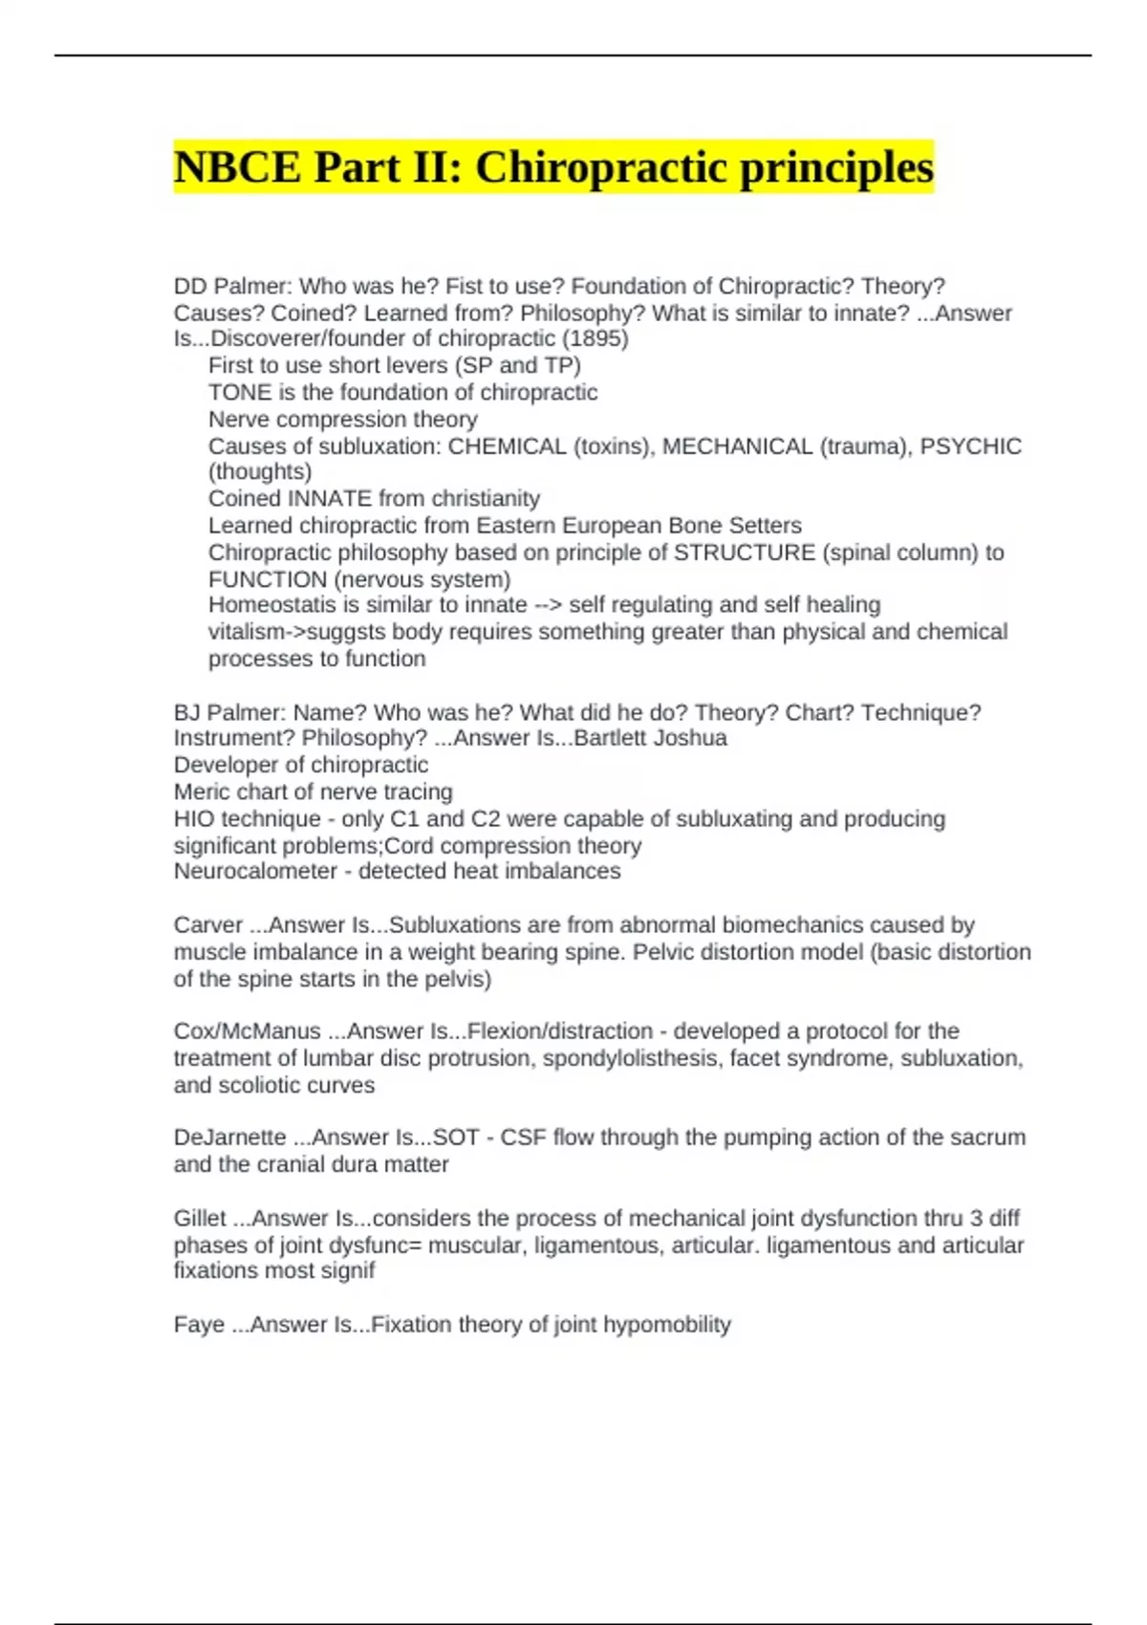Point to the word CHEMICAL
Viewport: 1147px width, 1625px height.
click(507, 446)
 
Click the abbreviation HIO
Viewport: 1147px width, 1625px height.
click(194, 819)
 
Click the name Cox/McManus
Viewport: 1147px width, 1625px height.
click(248, 1031)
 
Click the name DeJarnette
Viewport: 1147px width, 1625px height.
click(229, 1137)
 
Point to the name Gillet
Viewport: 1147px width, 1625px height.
click(200, 1219)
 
